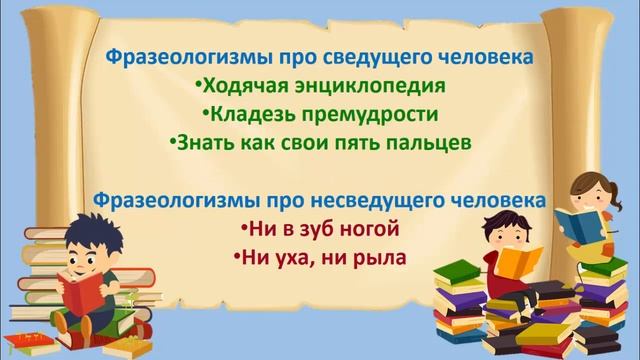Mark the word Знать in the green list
tap(202, 142)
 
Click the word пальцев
tap(427, 142)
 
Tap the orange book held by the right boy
tap(519, 262)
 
